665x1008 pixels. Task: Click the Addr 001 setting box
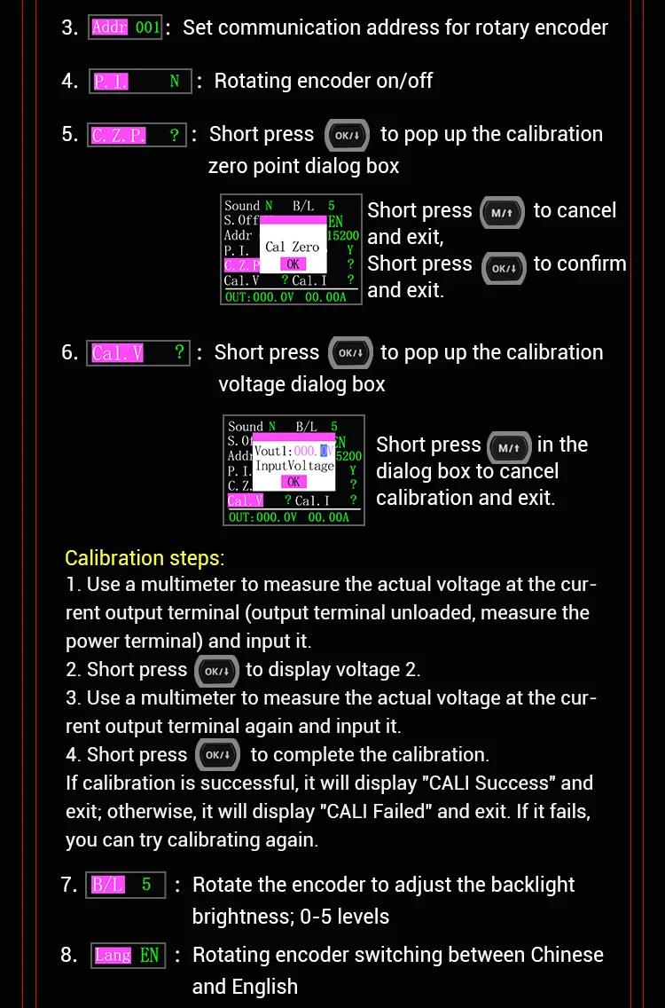125,28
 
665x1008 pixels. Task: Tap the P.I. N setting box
140,82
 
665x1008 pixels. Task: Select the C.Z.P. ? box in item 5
137,135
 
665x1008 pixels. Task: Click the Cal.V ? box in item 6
138,353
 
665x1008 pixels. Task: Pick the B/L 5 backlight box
125,885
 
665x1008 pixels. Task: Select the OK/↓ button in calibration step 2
216,671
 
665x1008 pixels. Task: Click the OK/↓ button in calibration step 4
217,755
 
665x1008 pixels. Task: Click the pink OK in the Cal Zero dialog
293,264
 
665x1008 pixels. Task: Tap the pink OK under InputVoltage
293,482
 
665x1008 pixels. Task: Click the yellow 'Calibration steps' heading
145,558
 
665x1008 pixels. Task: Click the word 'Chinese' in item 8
567,955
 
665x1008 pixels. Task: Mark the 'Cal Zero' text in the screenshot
293,247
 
